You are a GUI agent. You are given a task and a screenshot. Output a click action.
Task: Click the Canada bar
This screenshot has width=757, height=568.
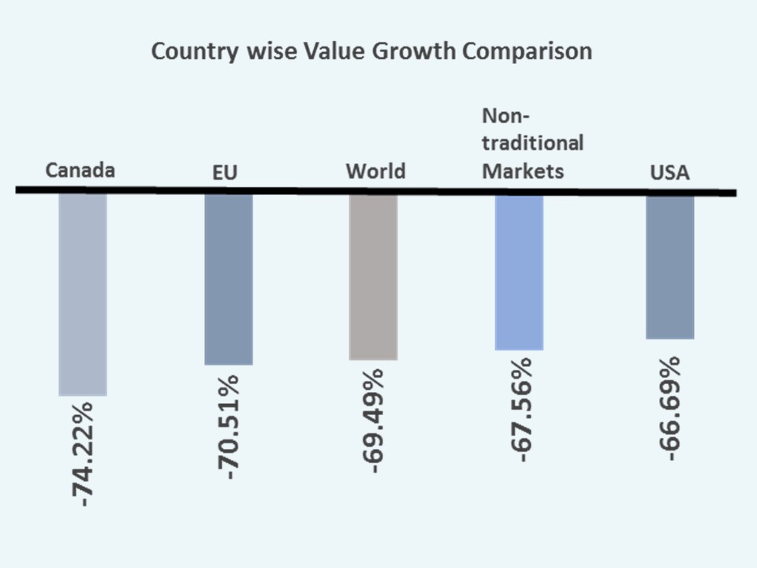(83, 293)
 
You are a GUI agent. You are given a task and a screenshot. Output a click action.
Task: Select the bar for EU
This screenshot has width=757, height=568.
(229, 279)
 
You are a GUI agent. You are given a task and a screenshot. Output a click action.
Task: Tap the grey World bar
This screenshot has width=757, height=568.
(373, 277)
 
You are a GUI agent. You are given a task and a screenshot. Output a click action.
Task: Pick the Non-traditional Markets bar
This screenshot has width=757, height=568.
(519, 272)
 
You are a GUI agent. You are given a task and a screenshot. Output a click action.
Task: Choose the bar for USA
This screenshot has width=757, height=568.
(669, 267)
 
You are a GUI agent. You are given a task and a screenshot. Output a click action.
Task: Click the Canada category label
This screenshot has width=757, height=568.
(80, 170)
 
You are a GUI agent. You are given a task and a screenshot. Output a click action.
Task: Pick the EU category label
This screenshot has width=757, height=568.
(225, 173)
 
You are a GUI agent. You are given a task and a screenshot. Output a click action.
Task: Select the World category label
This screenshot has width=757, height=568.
(375, 171)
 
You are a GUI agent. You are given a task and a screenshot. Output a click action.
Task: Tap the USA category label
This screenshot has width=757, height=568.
(669, 173)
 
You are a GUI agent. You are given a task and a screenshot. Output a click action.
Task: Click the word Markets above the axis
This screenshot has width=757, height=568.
(523, 170)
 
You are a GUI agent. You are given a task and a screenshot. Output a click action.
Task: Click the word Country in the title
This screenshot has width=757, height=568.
(190, 52)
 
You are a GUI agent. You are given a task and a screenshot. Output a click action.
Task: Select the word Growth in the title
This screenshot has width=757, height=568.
(418, 52)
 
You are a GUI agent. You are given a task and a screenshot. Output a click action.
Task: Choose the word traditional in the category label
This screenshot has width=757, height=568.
(532, 144)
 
